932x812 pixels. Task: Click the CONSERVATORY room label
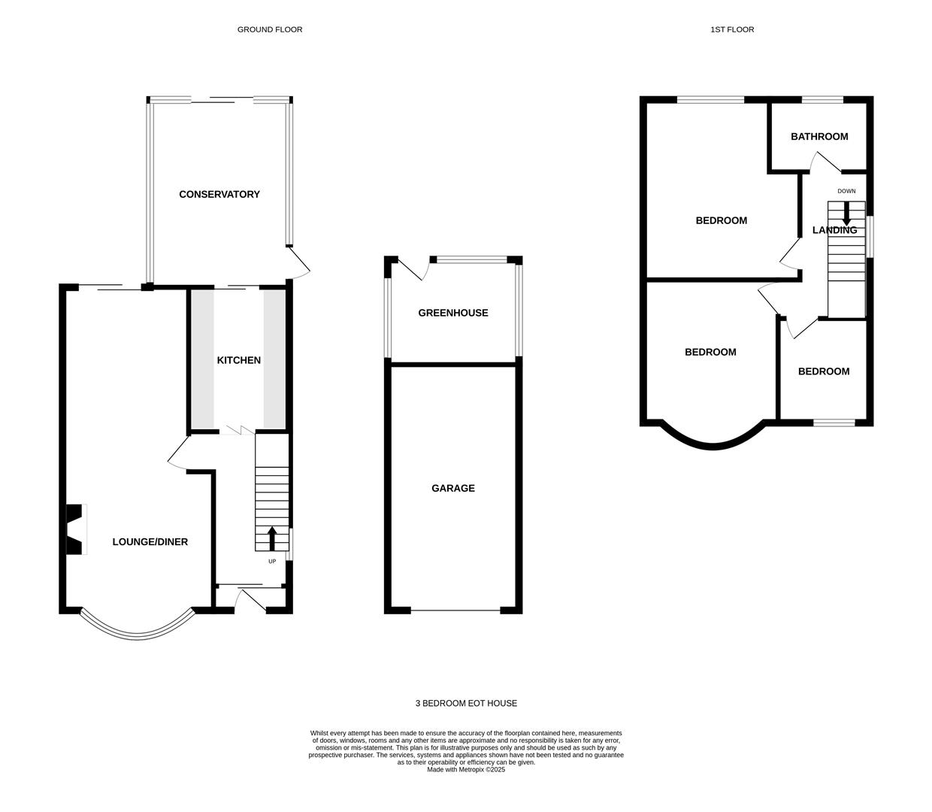pyautogui.click(x=219, y=194)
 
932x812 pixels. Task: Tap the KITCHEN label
pyautogui.click(x=239, y=360)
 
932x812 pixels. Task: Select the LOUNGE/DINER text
pyautogui.click(x=150, y=541)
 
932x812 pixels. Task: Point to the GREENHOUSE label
pyautogui.click(x=452, y=313)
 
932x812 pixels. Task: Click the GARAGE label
pyautogui.click(x=452, y=488)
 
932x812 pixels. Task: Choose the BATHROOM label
pyautogui.click(x=819, y=136)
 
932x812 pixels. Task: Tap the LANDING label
pyautogui.click(x=834, y=230)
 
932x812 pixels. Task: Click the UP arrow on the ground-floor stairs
pyautogui.click(x=272, y=538)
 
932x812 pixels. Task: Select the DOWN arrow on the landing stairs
pyautogui.click(x=846, y=214)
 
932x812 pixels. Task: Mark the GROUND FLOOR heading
pyautogui.click(x=270, y=29)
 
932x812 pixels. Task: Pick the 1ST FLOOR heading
pyautogui.click(x=732, y=29)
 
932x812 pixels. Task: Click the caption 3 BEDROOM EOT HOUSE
pyautogui.click(x=466, y=703)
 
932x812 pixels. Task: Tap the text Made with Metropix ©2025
pyautogui.click(x=466, y=770)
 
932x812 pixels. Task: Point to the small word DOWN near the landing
pyautogui.click(x=846, y=191)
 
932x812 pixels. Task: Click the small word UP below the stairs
pyautogui.click(x=272, y=562)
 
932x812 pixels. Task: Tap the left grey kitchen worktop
pyautogui.click(x=202, y=359)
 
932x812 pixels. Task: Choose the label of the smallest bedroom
pyautogui.click(x=824, y=371)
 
